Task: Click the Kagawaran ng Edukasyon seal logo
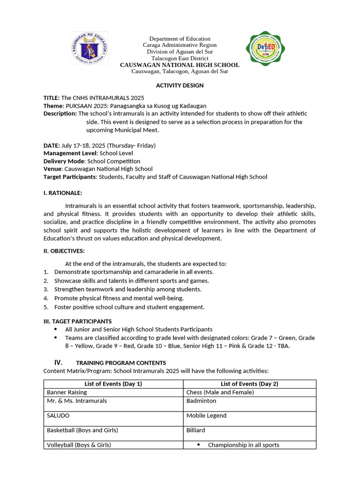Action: point(90,48)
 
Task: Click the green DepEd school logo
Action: point(265,50)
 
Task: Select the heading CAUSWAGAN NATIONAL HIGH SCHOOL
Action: point(180,65)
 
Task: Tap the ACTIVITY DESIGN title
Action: point(180,85)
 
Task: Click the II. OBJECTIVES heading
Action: point(64,251)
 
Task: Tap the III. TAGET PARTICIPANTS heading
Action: point(77,321)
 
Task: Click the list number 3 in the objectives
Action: point(45,289)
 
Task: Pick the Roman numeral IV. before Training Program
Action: point(59,362)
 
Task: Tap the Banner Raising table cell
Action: point(67,392)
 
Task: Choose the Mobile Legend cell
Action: point(206,415)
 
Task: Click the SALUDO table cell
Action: point(58,415)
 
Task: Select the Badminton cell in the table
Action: point(201,401)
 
